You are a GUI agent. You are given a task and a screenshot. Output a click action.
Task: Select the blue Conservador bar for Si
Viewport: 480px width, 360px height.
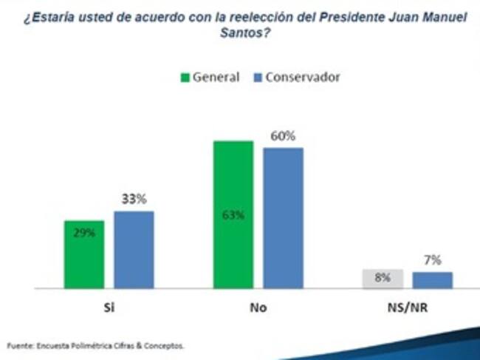pos(134,250)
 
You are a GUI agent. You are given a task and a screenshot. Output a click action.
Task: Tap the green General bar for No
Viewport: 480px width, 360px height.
pos(233,214)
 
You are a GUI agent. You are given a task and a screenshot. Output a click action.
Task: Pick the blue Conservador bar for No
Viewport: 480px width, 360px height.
pos(283,218)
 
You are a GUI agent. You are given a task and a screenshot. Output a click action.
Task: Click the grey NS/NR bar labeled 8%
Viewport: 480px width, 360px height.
pos(382,279)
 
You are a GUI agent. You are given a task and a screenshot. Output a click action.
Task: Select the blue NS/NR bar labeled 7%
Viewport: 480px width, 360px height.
pos(432,280)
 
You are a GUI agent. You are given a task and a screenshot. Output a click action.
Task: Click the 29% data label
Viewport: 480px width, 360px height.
pos(84,231)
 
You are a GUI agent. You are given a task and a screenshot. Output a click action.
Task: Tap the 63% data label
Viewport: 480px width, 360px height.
pos(233,216)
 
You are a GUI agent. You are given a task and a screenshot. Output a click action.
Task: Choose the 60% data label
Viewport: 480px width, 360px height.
pos(283,135)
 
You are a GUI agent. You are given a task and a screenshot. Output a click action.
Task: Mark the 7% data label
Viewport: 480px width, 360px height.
pos(433,259)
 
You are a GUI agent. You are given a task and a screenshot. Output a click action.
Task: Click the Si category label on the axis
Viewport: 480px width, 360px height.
pos(109,307)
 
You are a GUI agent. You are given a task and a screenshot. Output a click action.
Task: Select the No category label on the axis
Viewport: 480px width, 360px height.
pos(258,307)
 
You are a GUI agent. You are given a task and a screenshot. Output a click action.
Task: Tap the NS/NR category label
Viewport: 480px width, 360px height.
pos(407,307)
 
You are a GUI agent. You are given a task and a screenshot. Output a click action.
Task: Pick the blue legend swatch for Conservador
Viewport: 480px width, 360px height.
pos(258,77)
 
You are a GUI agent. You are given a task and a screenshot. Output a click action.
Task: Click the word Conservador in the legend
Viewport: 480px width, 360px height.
pos(303,77)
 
